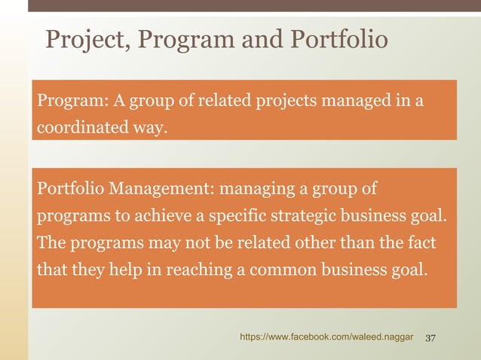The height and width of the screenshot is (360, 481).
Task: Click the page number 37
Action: coord(432,338)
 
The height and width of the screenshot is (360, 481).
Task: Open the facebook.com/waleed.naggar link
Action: coord(326,338)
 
